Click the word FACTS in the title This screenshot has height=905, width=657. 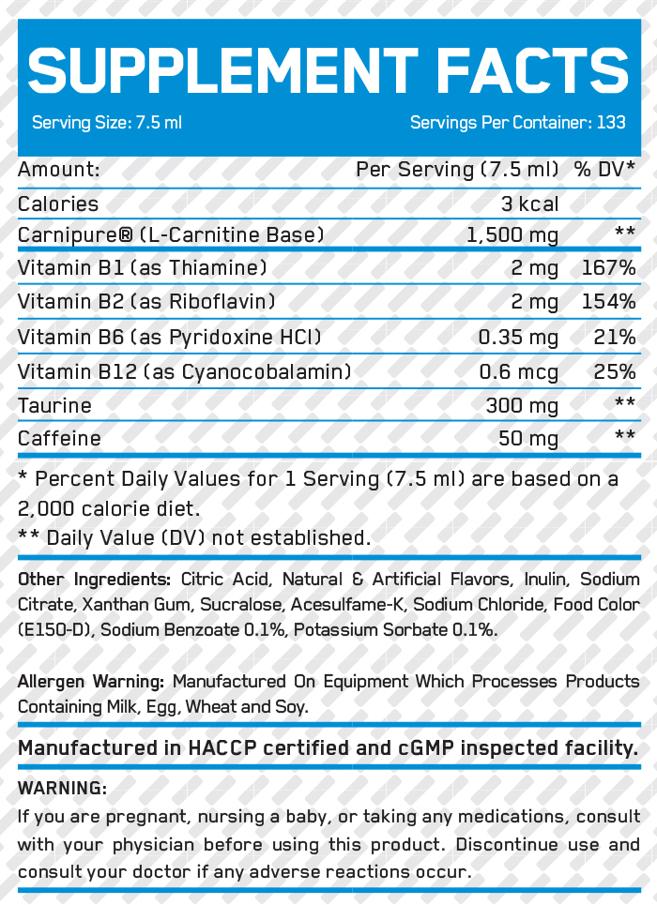click(x=532, y=70)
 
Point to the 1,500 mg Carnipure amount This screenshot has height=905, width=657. click(x=512, y=234)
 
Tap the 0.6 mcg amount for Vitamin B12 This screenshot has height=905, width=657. click(x=518, y=371)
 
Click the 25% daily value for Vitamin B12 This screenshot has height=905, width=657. click(x=615, y=371)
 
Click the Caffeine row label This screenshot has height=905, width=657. click(x=59, y=438)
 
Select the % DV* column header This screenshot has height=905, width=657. click(x=604, y=170)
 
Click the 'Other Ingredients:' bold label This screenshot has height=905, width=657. click(x=94, y=579)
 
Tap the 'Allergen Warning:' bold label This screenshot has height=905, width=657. click(x=91, y=682)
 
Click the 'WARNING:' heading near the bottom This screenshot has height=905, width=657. click(x=63, y=788)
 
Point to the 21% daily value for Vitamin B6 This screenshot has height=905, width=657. click(x=615, y=337)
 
